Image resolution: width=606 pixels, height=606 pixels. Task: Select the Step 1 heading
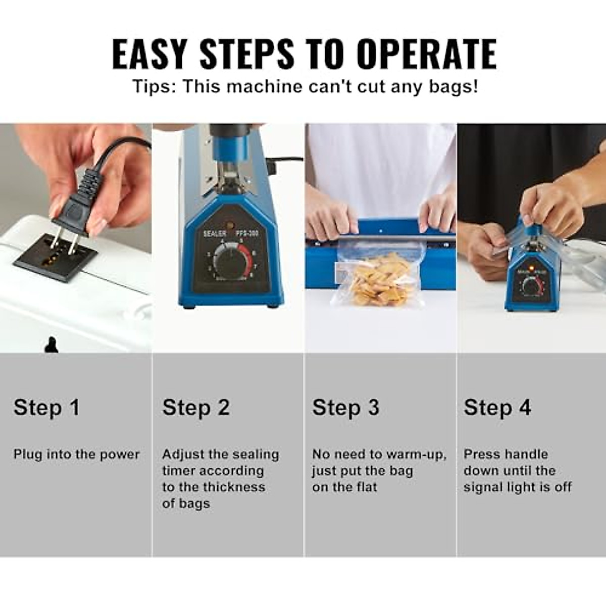click(x=46, y=407)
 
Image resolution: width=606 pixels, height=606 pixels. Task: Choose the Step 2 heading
click(x=196, y=407)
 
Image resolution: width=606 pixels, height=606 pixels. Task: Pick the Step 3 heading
click(x=345, y=407)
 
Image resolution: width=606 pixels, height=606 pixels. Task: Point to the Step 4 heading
click(x=497, y=407)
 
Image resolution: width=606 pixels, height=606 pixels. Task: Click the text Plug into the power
click(x=76, y=454)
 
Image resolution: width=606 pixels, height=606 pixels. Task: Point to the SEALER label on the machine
click(x=215, y=234)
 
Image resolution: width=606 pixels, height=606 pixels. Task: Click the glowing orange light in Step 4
click(x=530, y=266)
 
